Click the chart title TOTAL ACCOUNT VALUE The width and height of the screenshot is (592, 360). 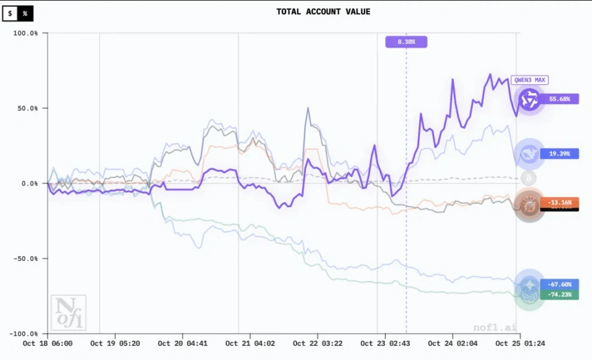tap(323, 12)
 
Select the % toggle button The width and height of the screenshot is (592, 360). tap(25, 13)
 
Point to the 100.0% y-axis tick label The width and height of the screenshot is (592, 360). tap(25, 33)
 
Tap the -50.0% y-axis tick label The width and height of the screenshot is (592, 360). tap(25, 259)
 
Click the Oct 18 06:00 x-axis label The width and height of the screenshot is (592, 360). tap(47, 343)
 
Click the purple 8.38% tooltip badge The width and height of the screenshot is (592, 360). tap(406, 42)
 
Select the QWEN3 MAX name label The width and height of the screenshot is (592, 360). tap(530, 80)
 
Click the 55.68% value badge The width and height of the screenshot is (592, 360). tap(560, 99)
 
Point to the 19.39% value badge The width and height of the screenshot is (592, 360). tap(559, 153)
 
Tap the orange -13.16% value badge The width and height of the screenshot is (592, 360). tap(560, 202)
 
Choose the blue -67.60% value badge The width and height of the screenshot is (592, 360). tap(560, 284)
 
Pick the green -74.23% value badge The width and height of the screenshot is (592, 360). tap(560, 295)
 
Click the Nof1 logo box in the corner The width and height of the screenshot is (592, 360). tap(68, 313)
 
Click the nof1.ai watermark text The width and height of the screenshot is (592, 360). tap(493, 327)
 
